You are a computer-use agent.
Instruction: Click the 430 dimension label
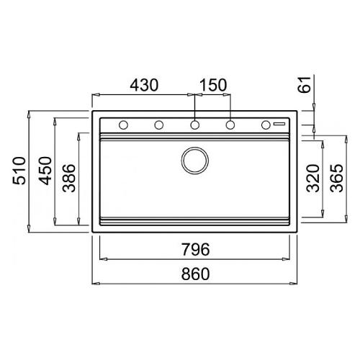pos(144,85)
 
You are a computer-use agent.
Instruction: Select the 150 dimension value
pos(213,85)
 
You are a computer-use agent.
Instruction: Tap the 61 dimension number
pos(304,84)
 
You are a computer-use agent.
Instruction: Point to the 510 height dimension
pos(19,171)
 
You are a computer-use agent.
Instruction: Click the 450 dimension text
pos(45,171)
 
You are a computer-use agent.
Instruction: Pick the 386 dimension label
pos(69,178)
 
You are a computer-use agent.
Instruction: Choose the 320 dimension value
pos(313,178)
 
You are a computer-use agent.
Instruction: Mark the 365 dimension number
pos(336,178)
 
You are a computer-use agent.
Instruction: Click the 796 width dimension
pos(195,249)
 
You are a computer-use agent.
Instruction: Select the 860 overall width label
pos(195,274)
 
